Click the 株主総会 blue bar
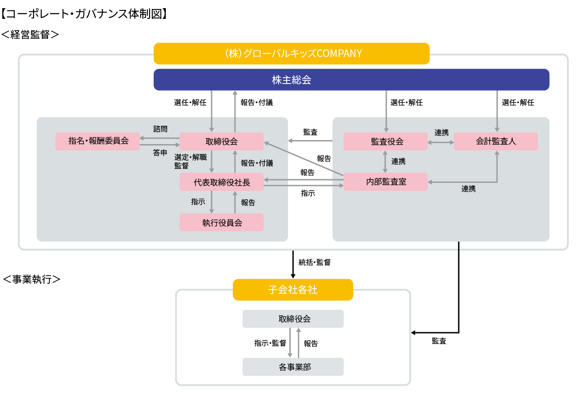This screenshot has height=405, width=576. coord(351,80)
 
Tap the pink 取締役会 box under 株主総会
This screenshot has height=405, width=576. coord(222,141)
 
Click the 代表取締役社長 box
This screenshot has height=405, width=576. coord(222,182)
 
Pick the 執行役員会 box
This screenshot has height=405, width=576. coord(222,222)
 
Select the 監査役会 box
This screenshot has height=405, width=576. coord(385,141)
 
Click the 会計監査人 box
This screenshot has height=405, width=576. coord(496,141)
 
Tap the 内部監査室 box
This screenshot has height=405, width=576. coord(385,182)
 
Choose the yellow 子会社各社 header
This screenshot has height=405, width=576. coord(293,290)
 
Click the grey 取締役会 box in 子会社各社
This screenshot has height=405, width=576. coord(293,319)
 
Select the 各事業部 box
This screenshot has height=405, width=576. coord(293,367)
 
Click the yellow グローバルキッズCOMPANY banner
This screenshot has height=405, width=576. coord(292,53)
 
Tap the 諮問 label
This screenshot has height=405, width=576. coord(160,129)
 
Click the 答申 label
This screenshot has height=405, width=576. coord(160,153)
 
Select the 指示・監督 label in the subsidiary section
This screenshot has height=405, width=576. coord(270,343)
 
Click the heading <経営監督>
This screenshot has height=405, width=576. coord(30,35)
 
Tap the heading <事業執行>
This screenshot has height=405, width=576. coord(31,279)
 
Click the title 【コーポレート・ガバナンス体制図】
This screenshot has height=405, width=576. coord(84,14)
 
